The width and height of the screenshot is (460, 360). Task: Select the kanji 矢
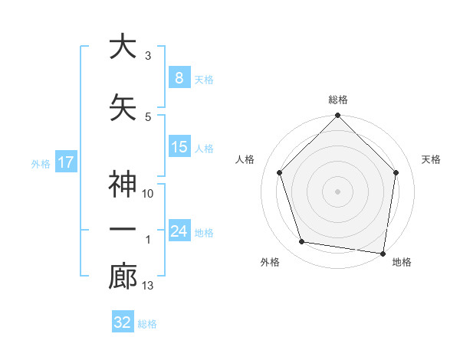[x=123, y=107]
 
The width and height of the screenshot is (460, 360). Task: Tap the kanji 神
[x=123, y=186]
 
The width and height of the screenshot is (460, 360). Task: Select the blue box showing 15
[x=179, y=147]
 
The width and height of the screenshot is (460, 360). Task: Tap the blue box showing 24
[x=179, y=231]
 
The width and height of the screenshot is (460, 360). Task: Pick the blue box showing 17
[x=65, y=162]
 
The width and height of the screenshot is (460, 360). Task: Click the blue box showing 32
[x=123, y=322]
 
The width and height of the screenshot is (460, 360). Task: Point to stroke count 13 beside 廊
[x=148, y=286]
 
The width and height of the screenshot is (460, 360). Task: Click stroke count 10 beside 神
[x=148, y=194]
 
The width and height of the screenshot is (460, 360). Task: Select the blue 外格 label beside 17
[x=41, y=163]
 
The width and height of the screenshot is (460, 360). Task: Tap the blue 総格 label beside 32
[x=147, y=324]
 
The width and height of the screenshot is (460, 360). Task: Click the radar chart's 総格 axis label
[x=337, y=100]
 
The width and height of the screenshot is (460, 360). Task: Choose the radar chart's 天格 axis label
[x=431, y=159]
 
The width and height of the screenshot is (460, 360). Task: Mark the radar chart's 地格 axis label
[x=402, y=263]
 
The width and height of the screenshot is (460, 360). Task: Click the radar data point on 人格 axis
[x=280, y=172]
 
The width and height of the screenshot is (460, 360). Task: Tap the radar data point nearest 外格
[x=302, y=242]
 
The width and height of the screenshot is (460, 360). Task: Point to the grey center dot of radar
[x=337, y=191]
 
